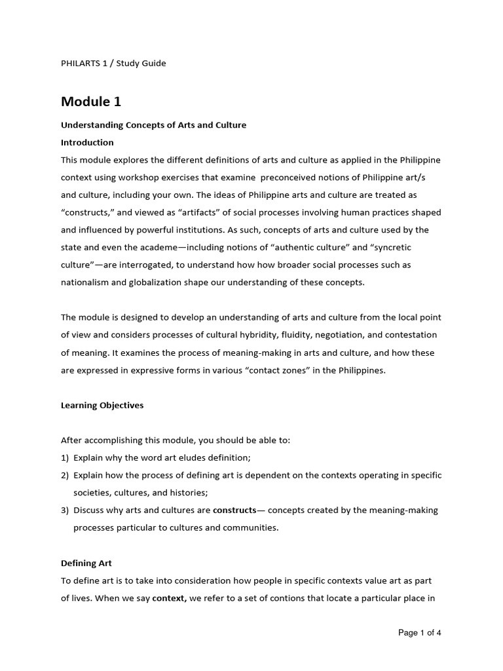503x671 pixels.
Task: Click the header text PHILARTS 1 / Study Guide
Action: [113, 64]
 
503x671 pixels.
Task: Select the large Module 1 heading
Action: [91, 102]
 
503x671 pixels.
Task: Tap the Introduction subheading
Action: [87, 142]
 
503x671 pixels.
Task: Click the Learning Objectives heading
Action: [102, 405]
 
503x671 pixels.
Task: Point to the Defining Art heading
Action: [86, 563]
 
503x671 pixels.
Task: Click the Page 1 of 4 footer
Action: [420, 633]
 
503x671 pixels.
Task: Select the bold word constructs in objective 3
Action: [234, 510]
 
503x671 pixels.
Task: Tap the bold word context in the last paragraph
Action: [170, 598]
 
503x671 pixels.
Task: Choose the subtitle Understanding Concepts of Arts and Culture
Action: [153, 125]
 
